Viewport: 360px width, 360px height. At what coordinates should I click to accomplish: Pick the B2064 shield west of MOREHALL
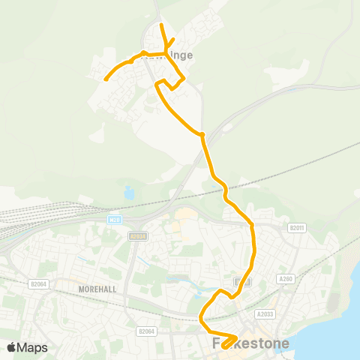(x=39, y=283)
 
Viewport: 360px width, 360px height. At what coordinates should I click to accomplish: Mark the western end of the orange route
(x=105, y=78)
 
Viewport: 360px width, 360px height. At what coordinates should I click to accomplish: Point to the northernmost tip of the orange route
(x=162, y=25)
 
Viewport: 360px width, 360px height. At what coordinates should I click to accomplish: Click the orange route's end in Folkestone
(x=224, y=347)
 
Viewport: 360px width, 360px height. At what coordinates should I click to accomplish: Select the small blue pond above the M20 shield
(x=129, y=193)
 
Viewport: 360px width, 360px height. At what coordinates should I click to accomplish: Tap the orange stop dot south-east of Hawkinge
(x=202, y=134)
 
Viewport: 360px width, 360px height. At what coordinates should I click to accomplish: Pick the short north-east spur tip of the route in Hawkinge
(x=174, y=39)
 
